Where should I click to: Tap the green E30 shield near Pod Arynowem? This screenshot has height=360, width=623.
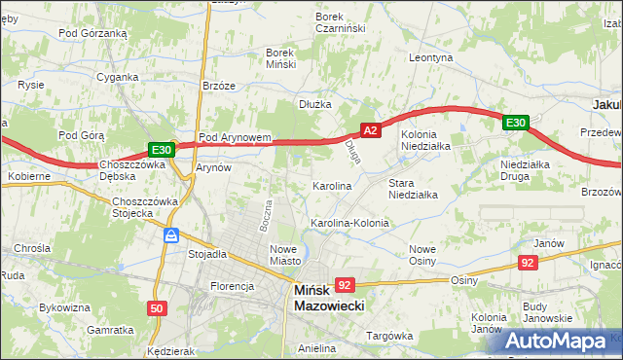162,150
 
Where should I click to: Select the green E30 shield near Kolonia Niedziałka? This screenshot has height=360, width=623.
516,123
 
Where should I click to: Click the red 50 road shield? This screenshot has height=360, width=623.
157,308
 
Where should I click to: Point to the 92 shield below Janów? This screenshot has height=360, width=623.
528,262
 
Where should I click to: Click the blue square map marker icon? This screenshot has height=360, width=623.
170,234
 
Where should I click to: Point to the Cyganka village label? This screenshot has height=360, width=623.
116,76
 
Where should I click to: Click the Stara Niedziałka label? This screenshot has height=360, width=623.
413,189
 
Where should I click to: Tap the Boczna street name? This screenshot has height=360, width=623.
264,214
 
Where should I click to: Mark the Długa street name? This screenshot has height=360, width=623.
352,151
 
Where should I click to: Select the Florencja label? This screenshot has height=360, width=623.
233,286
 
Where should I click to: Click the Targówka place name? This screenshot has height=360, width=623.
389,336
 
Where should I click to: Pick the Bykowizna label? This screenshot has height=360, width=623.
58,307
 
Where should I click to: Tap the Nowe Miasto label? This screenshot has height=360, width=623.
285,254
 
